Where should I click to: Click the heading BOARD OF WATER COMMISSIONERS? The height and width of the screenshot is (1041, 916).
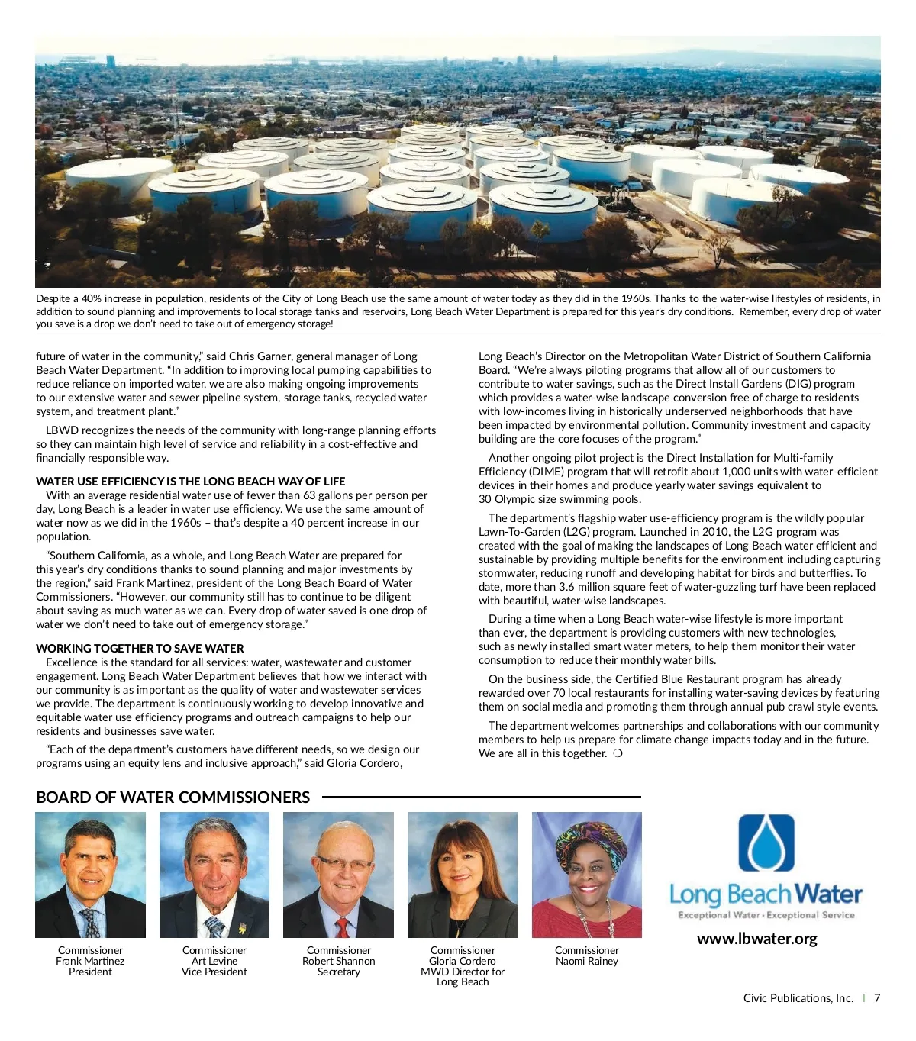pyautogui.click(x=173, y=798)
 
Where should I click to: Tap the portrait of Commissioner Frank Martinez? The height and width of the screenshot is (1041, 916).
pyautogui.click(x=90, y=875)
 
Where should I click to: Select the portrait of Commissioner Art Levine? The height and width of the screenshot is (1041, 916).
pyautogui.click(x=214, y=875)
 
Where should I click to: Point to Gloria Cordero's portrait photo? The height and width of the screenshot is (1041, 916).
pyautogui.click(x=463, y=875)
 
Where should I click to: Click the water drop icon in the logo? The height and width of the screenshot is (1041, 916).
pyautogui.click(x=766, y=843)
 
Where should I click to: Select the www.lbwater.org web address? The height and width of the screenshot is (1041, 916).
pyautogui.click(x=756, y=939)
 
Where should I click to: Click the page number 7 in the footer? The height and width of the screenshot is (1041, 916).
pyautogui.click(x=877, y=998)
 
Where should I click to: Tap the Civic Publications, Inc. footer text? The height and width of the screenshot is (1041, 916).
pyautogui.click(x=798, y=998)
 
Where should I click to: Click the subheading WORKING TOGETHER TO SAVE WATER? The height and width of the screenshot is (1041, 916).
pyautogui.click(x=140, y=649)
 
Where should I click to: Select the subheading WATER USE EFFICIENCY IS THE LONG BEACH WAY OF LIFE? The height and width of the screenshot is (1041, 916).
pyautogui.click(x=190, y=482)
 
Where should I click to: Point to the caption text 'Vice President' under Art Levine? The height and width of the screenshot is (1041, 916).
pyautogui.click(x=214, y=972)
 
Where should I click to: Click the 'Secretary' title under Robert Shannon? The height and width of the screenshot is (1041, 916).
pyautogui.click(x=338, y=972)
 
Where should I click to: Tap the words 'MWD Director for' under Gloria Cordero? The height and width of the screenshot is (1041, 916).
pyautogui.click(x=463, y=972)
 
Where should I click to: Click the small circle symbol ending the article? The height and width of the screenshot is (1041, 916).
pyautogui.click(x=618, y=754)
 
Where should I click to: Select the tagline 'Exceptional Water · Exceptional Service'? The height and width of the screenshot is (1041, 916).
pyautogui.click(x=766, y=915)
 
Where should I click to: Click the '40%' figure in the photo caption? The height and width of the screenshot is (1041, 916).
pyautogui.click(x=92, y=299)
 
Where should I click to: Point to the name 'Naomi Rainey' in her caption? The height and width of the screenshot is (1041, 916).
pyautogui.click(x=586, y=962)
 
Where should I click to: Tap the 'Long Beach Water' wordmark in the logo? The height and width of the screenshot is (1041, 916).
pyautogui.click(x=766, y=894)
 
